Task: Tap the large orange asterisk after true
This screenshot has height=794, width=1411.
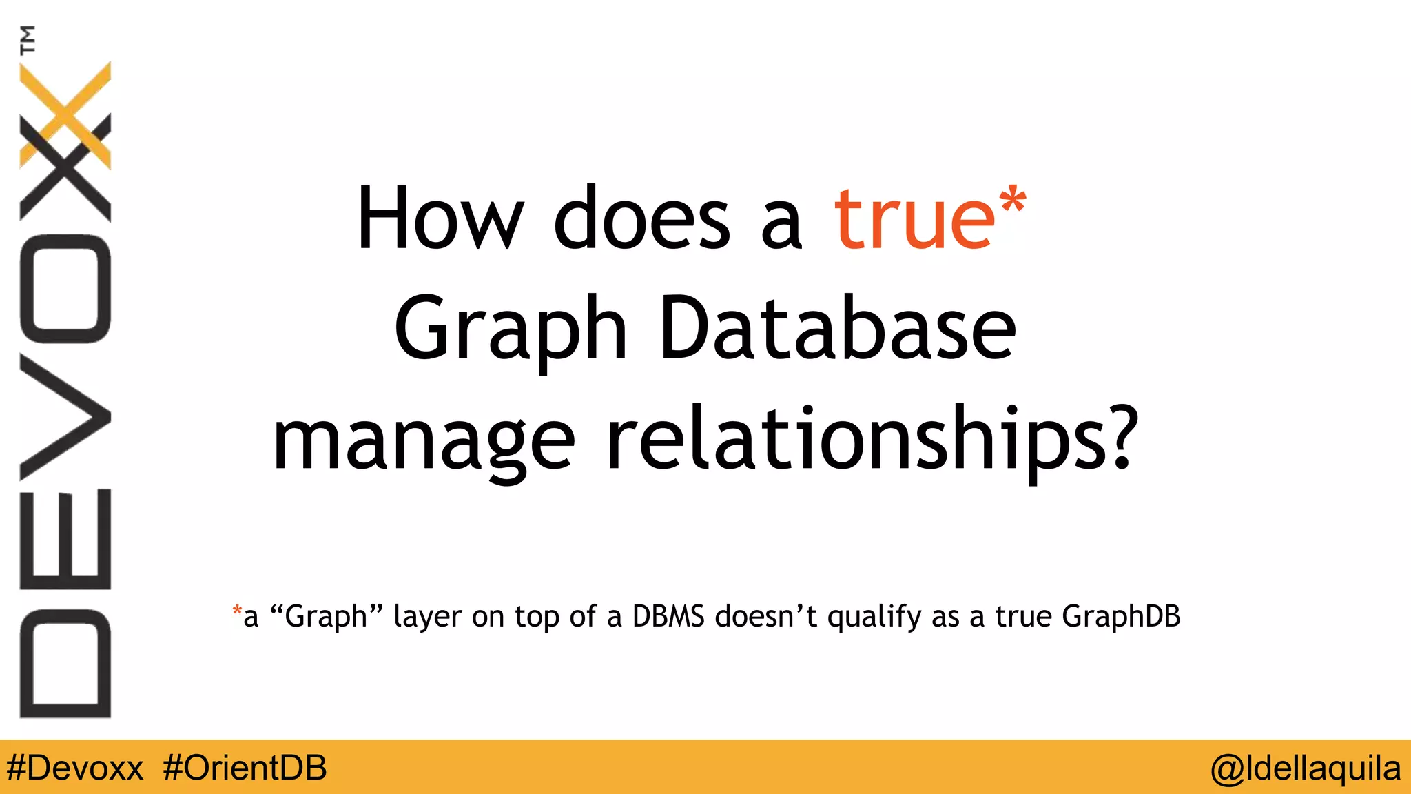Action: [1011, 201]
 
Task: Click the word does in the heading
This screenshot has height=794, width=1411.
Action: [641, 219]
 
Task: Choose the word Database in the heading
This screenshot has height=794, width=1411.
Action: [837, 329]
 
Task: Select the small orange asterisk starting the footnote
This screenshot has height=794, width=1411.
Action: [237, 610]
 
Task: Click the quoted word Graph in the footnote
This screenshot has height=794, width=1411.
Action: [327, 616]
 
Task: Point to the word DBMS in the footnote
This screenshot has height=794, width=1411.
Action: [668, 616]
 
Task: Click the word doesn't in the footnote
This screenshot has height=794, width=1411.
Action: [765, 616]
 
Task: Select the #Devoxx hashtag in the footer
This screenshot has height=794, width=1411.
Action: [75, 768]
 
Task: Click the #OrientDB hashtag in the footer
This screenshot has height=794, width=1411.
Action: [245, 768]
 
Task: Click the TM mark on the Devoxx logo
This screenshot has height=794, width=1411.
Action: [28, 39]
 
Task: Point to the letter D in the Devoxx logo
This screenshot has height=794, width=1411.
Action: [65, 663]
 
